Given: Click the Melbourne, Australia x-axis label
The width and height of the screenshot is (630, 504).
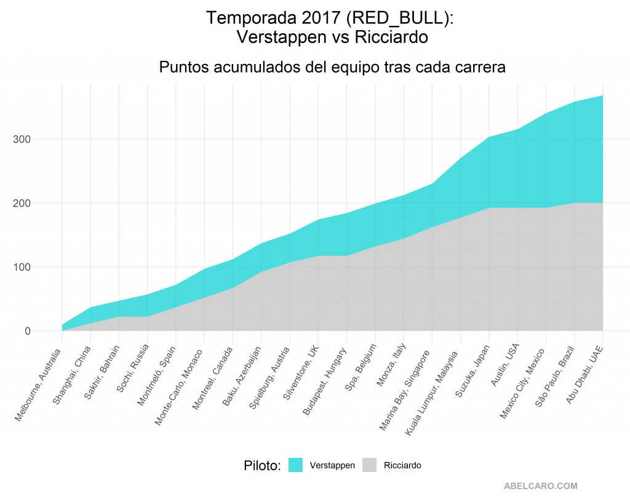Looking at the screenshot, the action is [x=38, y=385].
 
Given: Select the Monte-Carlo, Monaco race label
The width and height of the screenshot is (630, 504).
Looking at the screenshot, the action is [x=179, y=388].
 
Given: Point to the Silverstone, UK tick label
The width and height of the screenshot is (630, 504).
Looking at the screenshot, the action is [x=301, y=372].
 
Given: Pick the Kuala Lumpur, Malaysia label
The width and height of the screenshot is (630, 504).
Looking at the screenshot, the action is [x=431, y=393].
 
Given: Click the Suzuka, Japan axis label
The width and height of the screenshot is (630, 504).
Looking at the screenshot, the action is [x=472, y=371].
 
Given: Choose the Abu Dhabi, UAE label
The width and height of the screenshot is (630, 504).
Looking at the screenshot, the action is [x=584, y=374].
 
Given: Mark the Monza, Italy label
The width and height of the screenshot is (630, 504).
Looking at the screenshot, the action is [x=391, y=365].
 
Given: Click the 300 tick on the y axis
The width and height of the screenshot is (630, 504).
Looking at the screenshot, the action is [x=22, y=139].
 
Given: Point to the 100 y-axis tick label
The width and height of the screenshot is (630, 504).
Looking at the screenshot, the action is [x=22, y=267].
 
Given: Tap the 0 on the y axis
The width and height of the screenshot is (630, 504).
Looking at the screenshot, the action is [x=28, y=331].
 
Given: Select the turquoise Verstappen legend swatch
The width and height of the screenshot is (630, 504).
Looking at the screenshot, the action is [x=295, y=465].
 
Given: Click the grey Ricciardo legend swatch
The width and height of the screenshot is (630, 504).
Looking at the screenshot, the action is [x=369, y=465].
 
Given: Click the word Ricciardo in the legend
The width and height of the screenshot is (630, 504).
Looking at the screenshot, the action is [x=402, y=465].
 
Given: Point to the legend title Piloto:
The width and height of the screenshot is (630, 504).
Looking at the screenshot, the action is [x=262, y=465].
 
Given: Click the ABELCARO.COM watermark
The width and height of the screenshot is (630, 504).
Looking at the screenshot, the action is [x=541, y=486].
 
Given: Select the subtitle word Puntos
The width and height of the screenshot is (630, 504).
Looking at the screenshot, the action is [x=184, y=66].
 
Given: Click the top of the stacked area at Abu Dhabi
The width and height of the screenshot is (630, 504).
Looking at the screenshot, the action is [x=603, y=95].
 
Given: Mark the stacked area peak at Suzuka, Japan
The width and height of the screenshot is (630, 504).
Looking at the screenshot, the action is [x=489, y=137].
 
